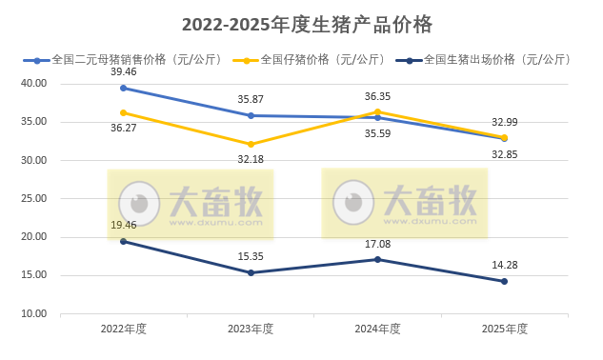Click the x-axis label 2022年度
[x=123, y=329]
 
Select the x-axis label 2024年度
[x=377, y=329]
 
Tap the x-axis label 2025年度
[x=504, y=329]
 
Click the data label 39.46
[x=123, y=71]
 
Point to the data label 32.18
[x=251, y=159]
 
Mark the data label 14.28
[x=504, y=265]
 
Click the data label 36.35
[x=377, y=96]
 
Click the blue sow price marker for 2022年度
[x=123, y=88]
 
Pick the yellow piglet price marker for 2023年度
[x=251, y=144]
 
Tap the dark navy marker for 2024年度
[x=377, y=259]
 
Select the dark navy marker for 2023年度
[x=251, y=272]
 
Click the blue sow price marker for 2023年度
[x=251, y=115]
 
